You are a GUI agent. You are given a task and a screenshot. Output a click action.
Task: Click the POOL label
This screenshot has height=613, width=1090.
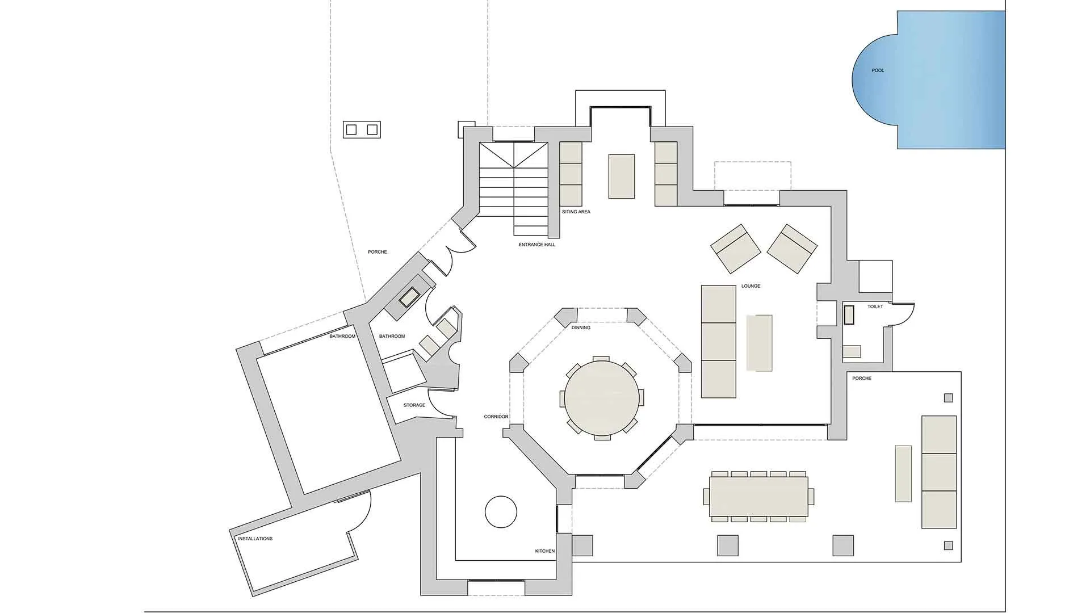[x=878, y=70]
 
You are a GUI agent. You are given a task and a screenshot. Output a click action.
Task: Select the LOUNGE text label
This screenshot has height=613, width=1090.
[x=751, y=286]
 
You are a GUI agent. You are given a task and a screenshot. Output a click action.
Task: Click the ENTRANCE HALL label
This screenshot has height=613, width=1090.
[x=537, y=245]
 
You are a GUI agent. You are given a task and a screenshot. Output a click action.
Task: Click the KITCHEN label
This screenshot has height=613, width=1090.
[x=545, y=551]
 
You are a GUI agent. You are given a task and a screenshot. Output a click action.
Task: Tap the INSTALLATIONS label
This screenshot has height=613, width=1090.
[x=255, y=539]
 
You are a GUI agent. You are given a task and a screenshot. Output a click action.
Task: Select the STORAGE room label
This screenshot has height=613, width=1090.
[x=414, y=405]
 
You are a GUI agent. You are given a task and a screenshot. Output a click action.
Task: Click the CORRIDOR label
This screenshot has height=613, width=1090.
[x=496, y=417]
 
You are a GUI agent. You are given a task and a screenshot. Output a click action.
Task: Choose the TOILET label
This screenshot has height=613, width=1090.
[x=875, y=306]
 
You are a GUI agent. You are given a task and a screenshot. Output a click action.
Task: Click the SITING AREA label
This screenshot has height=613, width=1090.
[x=576, y=212]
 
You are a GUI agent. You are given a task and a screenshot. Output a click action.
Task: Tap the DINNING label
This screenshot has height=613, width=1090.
[x=581, y=328]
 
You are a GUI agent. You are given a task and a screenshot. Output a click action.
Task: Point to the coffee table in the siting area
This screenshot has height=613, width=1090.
[x=622, y=176]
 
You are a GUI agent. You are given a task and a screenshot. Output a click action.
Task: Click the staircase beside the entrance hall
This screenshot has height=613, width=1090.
[x=514, y=188]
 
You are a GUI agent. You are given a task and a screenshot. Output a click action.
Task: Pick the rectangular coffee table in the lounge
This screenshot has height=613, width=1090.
[x=760, y=343]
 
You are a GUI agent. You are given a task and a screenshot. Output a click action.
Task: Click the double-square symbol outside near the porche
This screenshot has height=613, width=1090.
[x=362, y=130]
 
